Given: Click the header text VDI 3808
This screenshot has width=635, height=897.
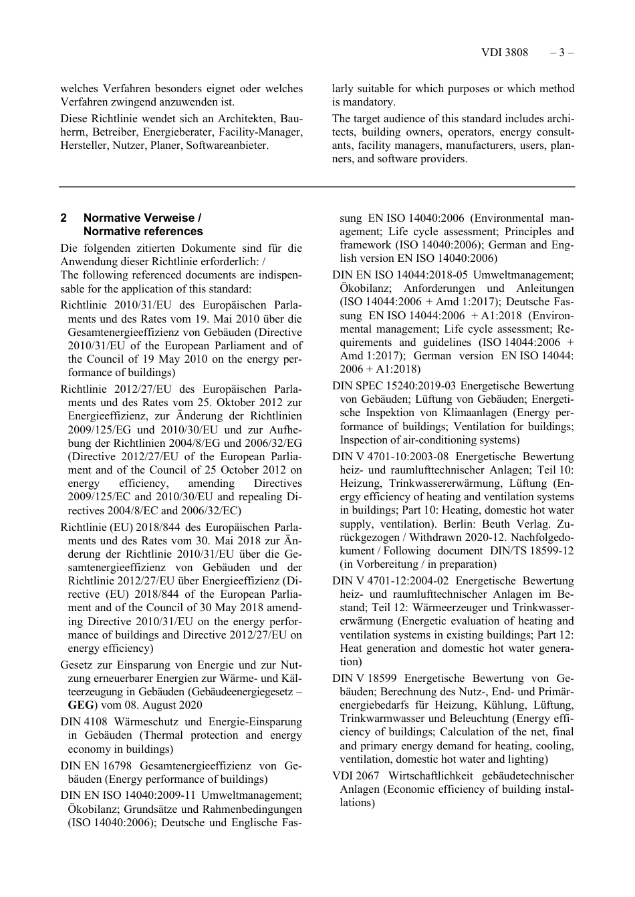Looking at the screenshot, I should tap(504, 52).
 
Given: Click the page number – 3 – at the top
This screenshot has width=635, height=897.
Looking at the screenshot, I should tap(562, 52).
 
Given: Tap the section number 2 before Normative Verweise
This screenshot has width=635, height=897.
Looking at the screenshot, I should tap(63, 218).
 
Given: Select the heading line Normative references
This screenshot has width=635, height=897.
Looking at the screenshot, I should tap(143, 231).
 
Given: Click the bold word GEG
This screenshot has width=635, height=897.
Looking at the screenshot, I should tap(82, 705).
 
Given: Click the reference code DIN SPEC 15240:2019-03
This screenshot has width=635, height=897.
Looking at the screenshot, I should tap(394, 386).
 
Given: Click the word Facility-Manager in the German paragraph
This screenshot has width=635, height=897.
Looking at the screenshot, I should tap(269, 132).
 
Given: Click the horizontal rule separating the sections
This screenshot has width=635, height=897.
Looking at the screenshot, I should tap(317, 187).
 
